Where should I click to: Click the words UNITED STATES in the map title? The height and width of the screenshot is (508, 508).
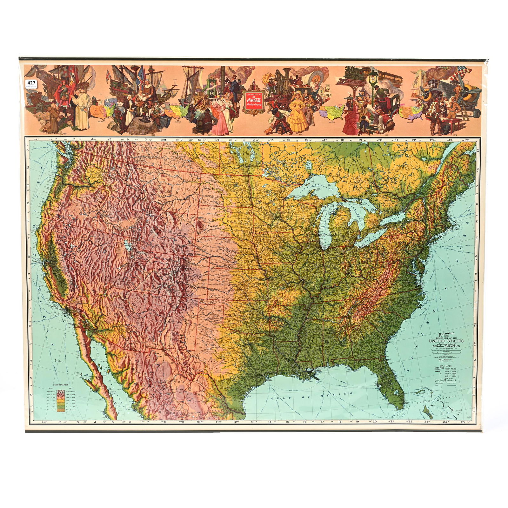coord(446,341)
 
